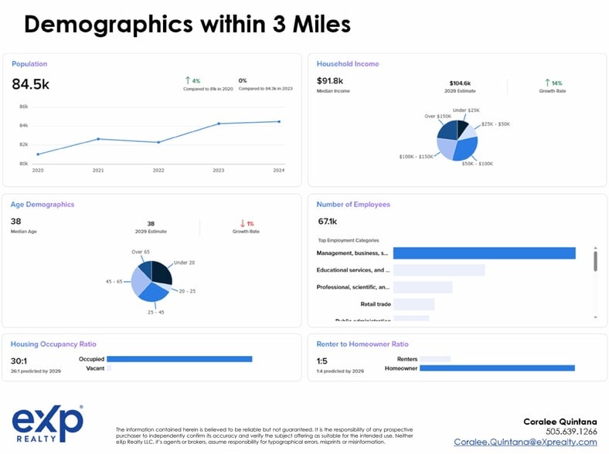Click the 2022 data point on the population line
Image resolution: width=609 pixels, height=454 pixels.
tap(158, 142)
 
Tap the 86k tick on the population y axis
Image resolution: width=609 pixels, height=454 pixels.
tap(24, 107)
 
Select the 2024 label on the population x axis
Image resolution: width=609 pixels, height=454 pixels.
tap(278, 170)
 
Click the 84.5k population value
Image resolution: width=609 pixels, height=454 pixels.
tap(30, 84)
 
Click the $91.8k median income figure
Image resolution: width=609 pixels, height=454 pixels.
tap(330, 80)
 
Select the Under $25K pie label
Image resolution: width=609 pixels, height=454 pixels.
tap(466, 110)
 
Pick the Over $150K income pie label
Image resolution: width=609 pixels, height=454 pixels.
tap(438, 116)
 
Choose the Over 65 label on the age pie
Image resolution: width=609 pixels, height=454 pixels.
tap(141, 252)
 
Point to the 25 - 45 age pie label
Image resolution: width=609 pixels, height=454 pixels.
tap(155, 312)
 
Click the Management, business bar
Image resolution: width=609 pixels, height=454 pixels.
tap(484, 253)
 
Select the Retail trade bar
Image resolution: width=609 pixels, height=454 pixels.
tap(413, 304)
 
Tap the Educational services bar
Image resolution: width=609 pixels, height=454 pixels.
tap(438, 270)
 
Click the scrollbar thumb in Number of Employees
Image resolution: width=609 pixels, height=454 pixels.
tap(595, 259)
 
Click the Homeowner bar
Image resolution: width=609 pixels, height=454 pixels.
tap(497, 368)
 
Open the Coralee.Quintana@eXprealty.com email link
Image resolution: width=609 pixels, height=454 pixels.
tap(525, 442)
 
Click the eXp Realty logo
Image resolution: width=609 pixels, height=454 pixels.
tap(48, 425)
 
